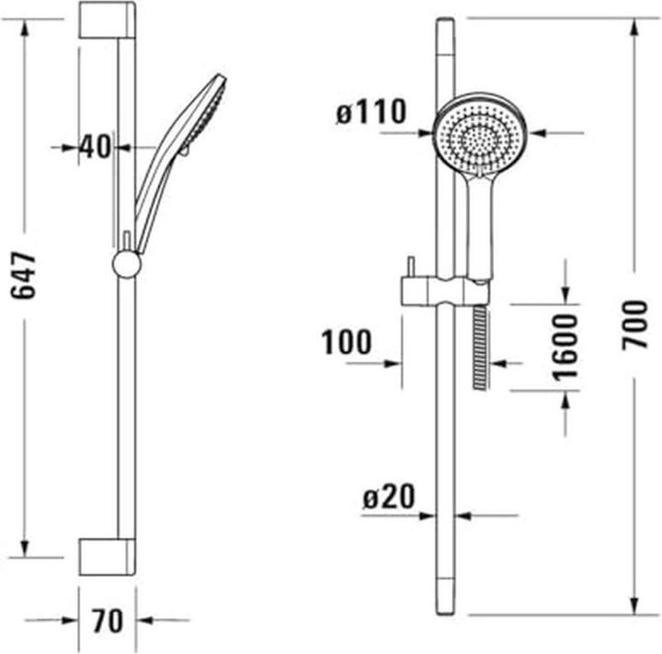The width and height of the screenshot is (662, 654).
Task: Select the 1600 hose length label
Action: (x=566, y=346)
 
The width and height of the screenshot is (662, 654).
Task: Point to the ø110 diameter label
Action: (x=371, y=113)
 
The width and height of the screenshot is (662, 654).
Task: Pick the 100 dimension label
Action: (x=347, y=343)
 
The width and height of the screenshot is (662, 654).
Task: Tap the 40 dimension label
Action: (x=95, y=146)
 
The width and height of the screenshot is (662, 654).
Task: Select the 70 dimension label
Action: (x=108, y=621)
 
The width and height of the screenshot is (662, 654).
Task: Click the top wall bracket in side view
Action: (x=107, y=20)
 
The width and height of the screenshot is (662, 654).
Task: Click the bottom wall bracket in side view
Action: (x=107, y=556)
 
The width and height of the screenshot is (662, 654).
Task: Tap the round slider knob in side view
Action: (x=126, y=264)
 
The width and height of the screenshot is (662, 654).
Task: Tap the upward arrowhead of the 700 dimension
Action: (x=635, y=28)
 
